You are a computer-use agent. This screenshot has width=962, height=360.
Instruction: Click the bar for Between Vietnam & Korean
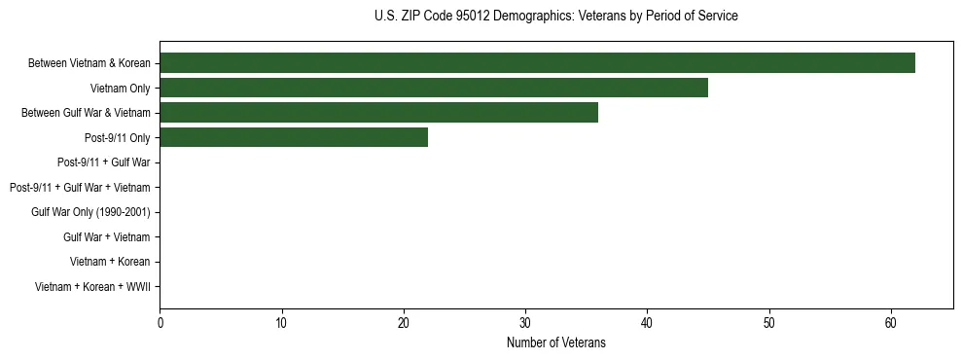coord(537,63)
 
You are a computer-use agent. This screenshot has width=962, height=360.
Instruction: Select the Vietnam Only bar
coord(434,89)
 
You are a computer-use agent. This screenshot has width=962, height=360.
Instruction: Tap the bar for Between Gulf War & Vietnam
coord(378,113)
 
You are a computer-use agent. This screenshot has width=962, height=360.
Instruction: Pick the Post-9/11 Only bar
coord(294,138)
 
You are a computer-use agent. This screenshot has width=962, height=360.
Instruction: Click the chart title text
coord(555,17)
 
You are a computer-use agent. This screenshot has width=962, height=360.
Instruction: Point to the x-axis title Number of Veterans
coord(555,342)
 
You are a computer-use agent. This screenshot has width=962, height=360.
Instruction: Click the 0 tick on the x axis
coord(160,323)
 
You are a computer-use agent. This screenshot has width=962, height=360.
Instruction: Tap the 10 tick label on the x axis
coord(281,323)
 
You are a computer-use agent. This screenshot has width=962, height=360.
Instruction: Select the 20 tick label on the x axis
coord(404,323)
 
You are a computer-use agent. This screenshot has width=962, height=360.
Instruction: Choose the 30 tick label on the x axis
coord(525,323)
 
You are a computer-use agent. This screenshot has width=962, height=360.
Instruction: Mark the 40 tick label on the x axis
coord(647,323)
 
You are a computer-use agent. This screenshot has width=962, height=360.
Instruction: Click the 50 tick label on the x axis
coord(769,323)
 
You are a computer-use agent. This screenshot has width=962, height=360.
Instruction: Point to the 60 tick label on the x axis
coord(891,323)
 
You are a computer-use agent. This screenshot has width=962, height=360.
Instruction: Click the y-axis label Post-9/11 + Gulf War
coord(102,162)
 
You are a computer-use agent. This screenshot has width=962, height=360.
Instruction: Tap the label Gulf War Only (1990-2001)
coord(90,212)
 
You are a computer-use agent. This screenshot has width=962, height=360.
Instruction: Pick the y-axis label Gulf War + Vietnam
coord(106,237)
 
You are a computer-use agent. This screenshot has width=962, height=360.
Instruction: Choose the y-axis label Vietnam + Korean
coord(110,262)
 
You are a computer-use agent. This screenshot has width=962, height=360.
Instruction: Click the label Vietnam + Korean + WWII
coord(92,287)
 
